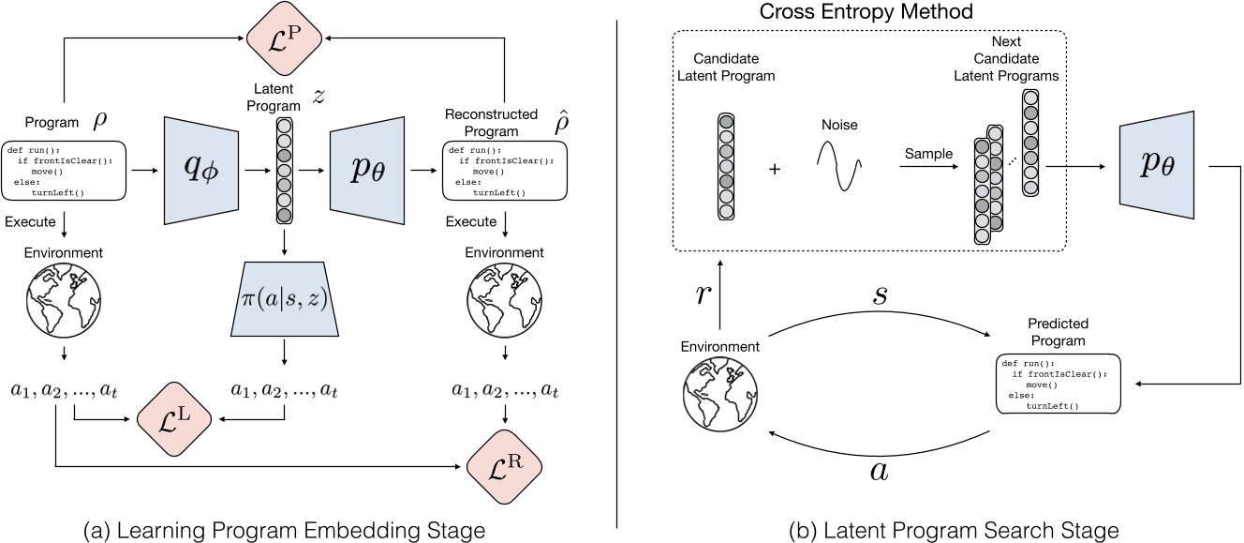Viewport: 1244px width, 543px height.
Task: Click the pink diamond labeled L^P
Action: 286,38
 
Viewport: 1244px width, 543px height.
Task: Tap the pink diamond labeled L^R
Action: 506,465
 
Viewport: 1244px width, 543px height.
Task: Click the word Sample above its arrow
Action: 929,152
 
